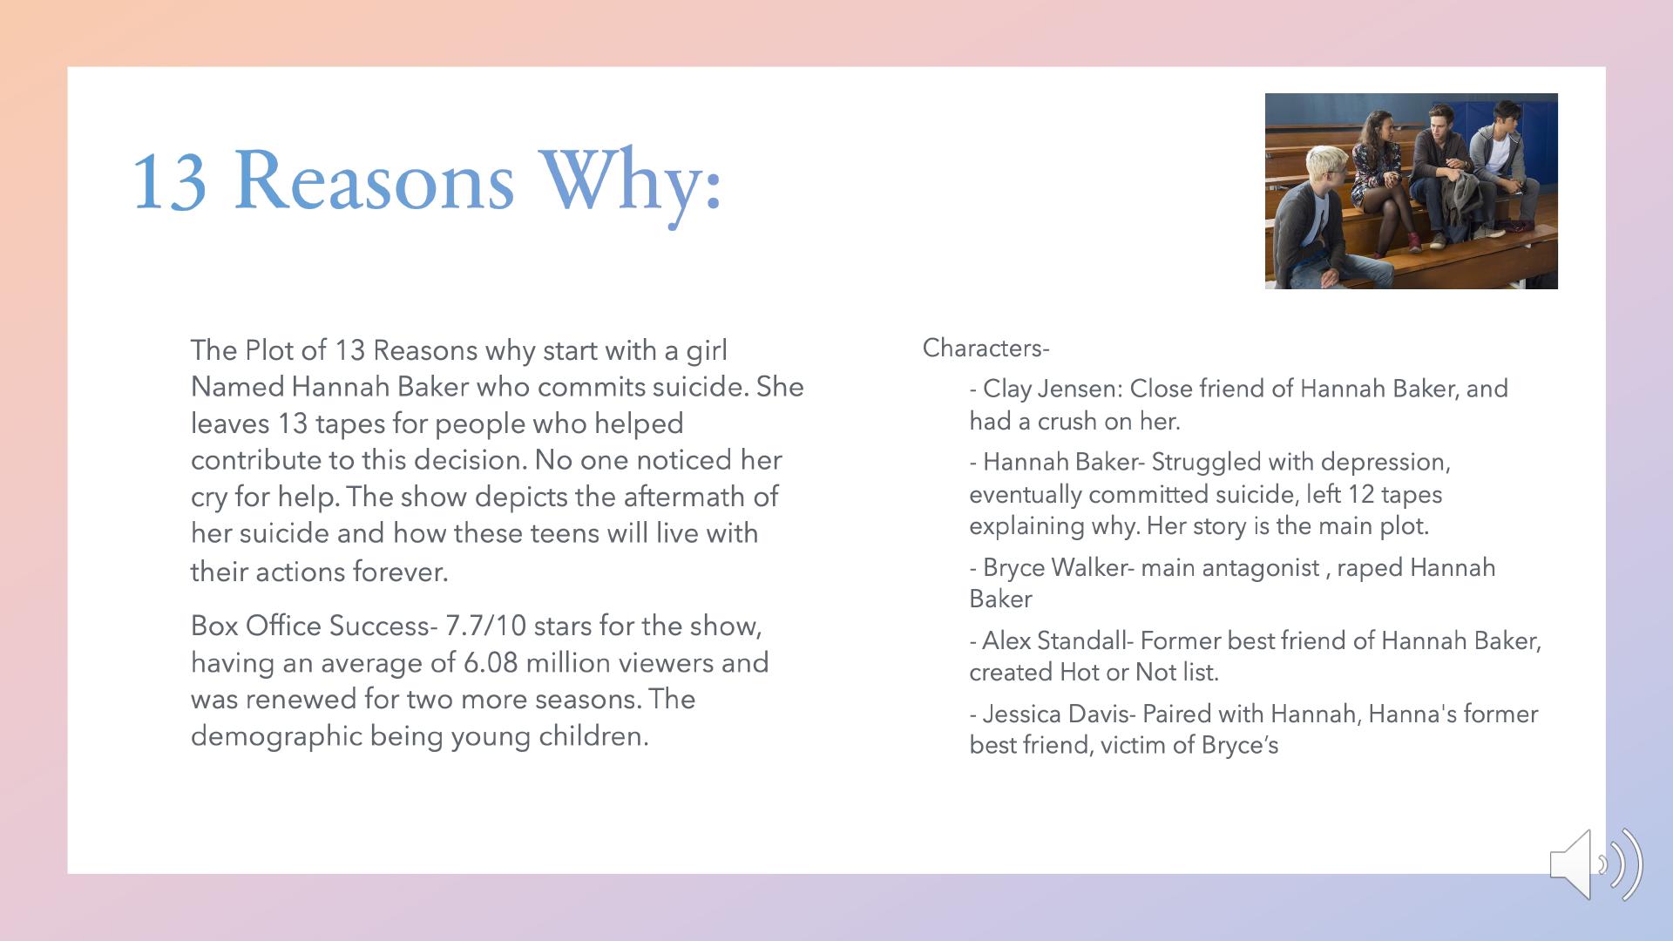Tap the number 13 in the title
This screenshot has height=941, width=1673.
169,182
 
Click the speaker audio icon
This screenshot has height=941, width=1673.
1596,864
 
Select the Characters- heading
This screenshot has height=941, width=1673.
986,349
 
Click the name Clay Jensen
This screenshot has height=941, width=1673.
1052,389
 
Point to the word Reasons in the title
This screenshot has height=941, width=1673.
374,182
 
